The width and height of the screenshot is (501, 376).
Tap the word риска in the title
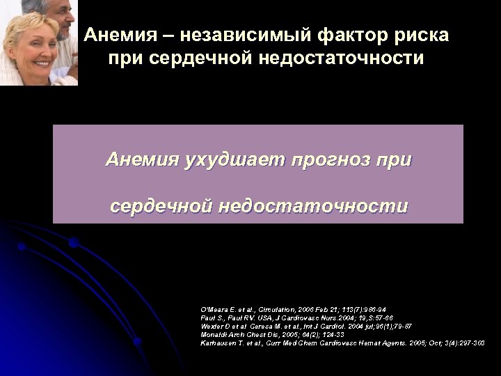[417, 34]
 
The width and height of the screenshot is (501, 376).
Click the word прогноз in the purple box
[332, 161]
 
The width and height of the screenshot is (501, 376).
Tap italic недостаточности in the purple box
[313, 207]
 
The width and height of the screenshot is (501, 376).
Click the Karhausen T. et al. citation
[342, 342]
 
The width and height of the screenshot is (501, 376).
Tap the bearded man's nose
[66, 13]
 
